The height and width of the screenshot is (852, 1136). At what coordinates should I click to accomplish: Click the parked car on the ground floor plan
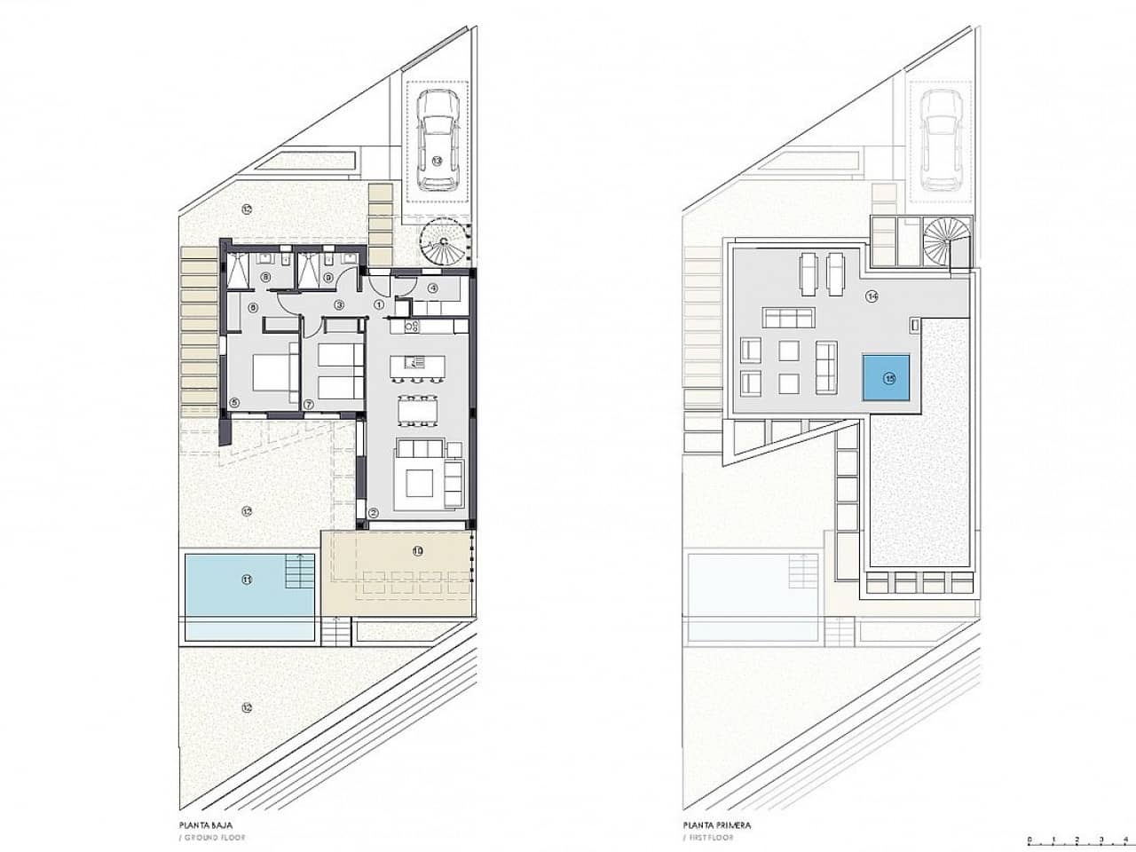click(436, 141)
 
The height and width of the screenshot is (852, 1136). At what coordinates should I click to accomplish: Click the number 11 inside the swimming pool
click(247, 580)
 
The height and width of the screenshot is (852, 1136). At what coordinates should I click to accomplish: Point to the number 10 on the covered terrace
click(418, 550)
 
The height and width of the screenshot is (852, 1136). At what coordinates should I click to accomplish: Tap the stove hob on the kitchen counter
click(412, 327)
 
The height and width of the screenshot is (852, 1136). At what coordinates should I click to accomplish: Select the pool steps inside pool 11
click(299, 570)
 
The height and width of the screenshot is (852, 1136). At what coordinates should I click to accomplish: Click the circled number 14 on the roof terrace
click(872, 296)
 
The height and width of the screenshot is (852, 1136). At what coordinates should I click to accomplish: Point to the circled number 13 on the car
click(436, 160)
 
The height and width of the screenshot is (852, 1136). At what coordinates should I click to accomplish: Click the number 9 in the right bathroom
click(328, 278)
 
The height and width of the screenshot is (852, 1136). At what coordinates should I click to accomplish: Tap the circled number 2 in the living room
click(374, 512)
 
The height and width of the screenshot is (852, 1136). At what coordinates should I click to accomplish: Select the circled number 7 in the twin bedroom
click(309, 404)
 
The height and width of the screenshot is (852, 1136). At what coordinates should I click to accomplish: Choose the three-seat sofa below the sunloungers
click(788, 316)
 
